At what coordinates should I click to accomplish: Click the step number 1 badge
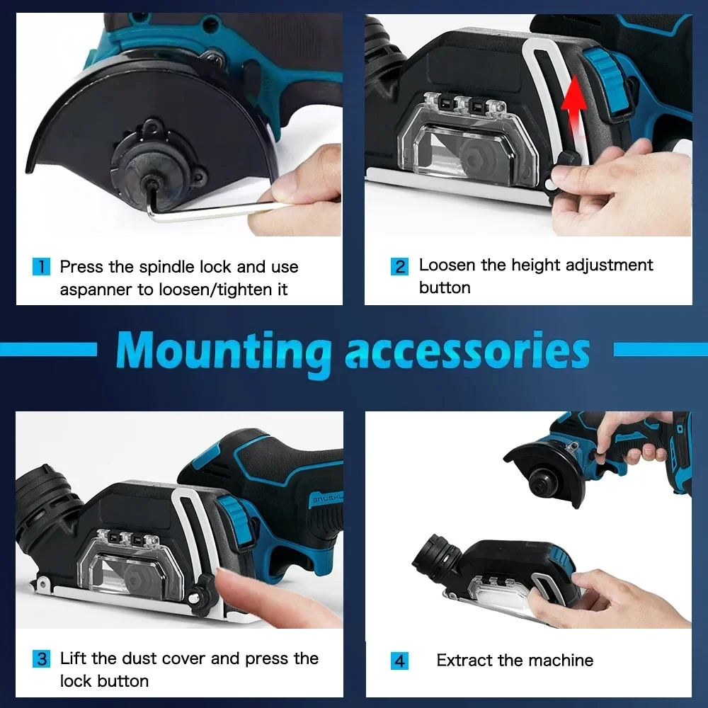pyautogui.click(x=42, y=267)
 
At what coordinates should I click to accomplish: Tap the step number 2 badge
pyautogui.click(x=400, y=267)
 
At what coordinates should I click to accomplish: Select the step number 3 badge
pyautogui.click(x=42, y=659)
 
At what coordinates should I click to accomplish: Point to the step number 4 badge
pyautogui.click(x=400, y=661)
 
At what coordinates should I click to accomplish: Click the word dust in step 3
pyautogui.click(x=139, y=658)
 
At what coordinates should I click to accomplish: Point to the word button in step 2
pyautogui.click(x=445, y=288)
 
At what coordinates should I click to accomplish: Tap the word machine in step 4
pyautogui.click(x=564, y=661)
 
